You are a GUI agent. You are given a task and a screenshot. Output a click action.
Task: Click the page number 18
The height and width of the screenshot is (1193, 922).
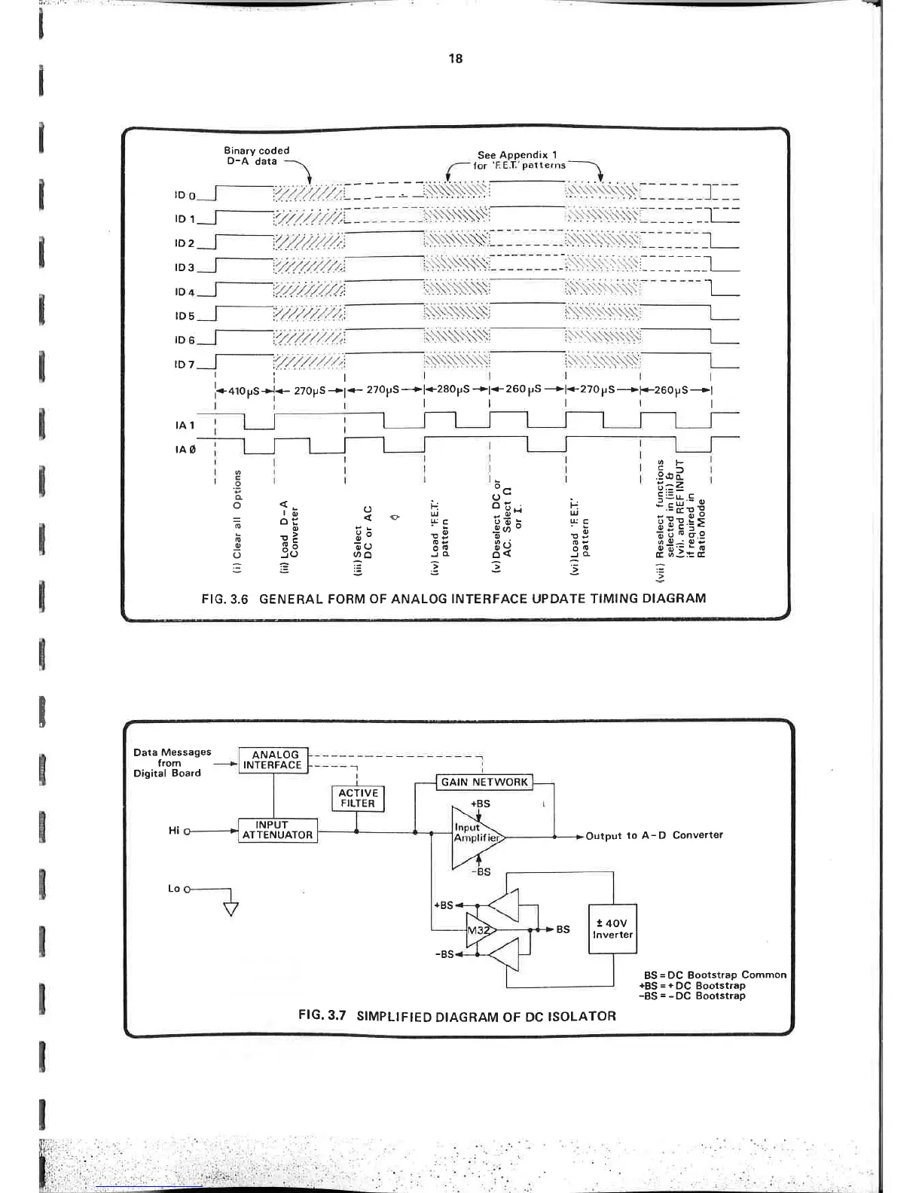coord(455,59)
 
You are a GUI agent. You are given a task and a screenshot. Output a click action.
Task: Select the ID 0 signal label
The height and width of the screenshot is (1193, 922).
coord(185,196)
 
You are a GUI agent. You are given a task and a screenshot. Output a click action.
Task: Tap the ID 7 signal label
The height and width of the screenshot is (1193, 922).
coord(185,365)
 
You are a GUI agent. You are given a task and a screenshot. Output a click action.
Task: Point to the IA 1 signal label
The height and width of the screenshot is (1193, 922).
coord(185,425)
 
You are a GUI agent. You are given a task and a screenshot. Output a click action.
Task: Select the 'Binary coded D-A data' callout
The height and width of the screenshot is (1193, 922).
coord(257,156)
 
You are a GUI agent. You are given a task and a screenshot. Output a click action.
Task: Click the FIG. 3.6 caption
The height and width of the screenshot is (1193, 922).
coord(454,599)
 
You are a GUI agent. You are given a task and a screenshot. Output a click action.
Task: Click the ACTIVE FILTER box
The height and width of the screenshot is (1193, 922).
coord(358,798)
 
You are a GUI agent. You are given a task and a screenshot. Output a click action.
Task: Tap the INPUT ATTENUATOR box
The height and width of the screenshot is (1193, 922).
coord(277,830)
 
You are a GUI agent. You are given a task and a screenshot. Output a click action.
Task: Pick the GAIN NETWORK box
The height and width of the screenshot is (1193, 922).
coord(484,782)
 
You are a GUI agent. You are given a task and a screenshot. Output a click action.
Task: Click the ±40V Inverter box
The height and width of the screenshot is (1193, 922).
coord(612,929)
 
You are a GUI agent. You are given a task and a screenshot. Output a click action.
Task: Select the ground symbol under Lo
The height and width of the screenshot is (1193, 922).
coord(230,908)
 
